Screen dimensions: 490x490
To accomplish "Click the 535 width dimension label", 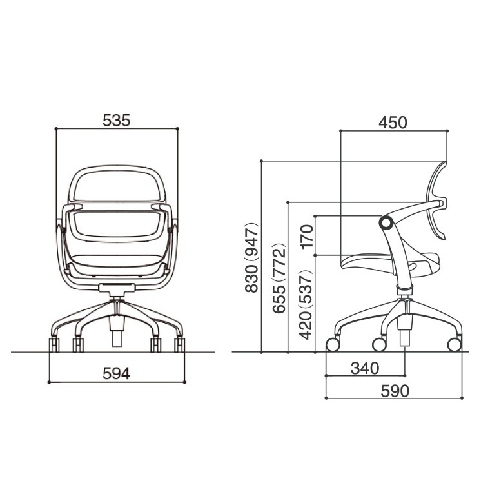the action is pyautogui.click(x=116, y=121).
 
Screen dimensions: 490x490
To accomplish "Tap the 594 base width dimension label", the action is pyautogui.click(x=116, y=373).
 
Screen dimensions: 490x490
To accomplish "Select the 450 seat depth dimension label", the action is pyautogui.click(x=393, y=122).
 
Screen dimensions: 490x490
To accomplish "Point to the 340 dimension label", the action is pyautogui.click(x=365, y=368).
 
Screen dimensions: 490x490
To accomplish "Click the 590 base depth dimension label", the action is pyautogui.click(x=395, y=391).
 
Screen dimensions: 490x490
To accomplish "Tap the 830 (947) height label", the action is pyautogui.click(x=251, y=258).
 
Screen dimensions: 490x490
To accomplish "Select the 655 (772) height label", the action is pyautogui.click(x=279, y=278).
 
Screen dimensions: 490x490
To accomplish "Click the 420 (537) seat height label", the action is pyautogui.click(x=306, y=305).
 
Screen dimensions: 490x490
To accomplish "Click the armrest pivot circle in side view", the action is pyautogui.click(x=386, y=223).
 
